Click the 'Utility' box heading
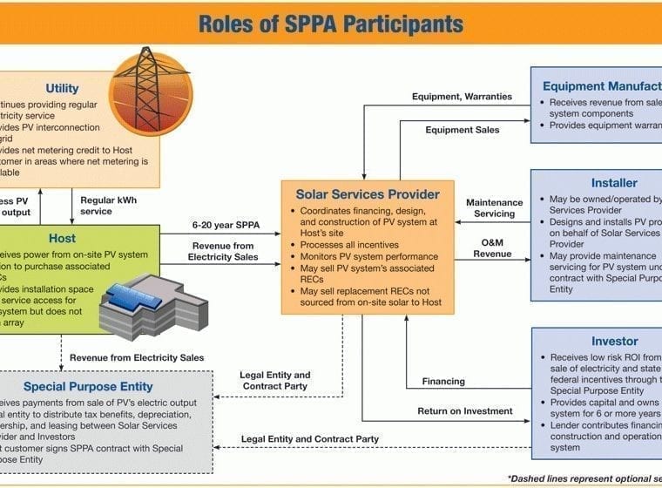click(x=63, y=88)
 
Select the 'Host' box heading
click(x=62, y=238)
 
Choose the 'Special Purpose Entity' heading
click(x=88, y=386)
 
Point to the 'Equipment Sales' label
click(x=463, y=130)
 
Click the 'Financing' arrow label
click(x=442, y=381)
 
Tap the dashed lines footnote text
click(x=584, y=478)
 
